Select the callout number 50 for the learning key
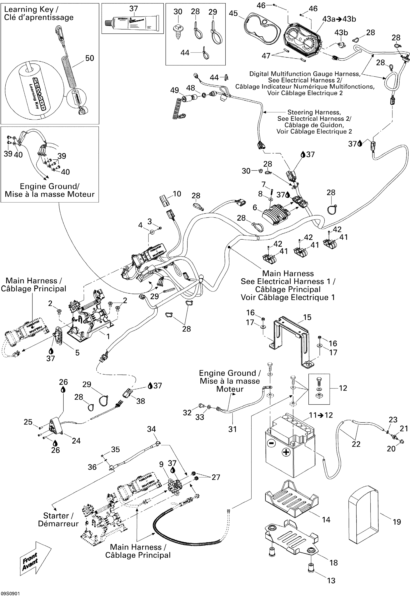pyautogui.click(x=89, y=58)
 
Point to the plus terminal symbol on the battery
pyautogui.click(x=286, y=452)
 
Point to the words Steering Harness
pyautogui.click(x=314, y=112)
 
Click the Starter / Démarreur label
pyautogui.click(x=58, y=519)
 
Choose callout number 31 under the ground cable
pyautogui.click(x=232, y=429)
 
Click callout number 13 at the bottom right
pyautogui.click(x=331, y=580)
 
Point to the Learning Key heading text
pyautogui.click(x=31, y=10)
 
